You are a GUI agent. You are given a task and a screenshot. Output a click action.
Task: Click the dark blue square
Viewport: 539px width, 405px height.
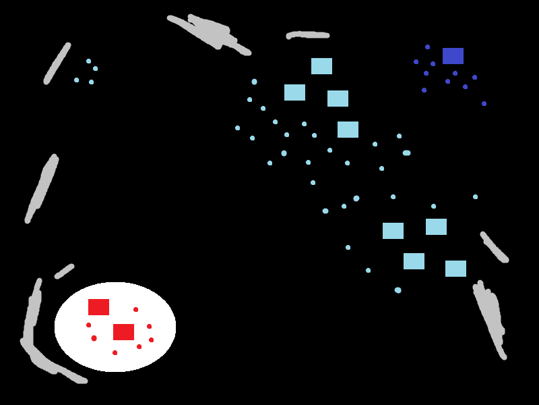point(453,56)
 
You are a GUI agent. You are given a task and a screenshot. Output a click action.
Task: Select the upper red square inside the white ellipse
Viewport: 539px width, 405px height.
point(98,307)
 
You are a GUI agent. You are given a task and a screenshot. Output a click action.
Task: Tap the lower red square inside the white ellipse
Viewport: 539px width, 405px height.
point(123,332)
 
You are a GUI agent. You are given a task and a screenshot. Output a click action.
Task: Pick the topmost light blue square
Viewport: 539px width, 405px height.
point(321,66)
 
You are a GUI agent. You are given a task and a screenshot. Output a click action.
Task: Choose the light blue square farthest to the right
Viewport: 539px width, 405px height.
point(455,269)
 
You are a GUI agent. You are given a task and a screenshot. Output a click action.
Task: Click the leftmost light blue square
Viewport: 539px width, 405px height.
point(294,92)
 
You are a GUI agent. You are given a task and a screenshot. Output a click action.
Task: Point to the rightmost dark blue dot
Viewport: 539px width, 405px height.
point(484,103)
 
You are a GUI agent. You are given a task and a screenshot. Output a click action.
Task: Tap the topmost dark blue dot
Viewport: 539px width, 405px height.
point(427,47)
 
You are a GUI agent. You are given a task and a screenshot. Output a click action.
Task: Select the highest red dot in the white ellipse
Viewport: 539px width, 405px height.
point(135,309)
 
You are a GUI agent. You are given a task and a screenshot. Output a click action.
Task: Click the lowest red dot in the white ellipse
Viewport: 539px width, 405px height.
point(115,352)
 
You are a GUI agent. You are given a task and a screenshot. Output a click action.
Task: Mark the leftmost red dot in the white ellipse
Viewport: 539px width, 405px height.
point(88,325)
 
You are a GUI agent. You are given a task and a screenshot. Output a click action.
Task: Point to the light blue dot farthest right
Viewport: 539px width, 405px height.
point(475,196)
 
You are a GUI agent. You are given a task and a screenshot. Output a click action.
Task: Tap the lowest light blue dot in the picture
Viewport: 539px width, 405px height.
point(398,290)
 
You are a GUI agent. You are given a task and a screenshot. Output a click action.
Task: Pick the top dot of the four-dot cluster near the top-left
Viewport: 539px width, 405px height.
point(88,61)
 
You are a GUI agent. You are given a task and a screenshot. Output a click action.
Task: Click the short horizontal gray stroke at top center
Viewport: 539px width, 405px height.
point(308,34)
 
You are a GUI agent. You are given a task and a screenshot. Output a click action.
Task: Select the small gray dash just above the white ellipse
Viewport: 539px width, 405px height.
point(64,271)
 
